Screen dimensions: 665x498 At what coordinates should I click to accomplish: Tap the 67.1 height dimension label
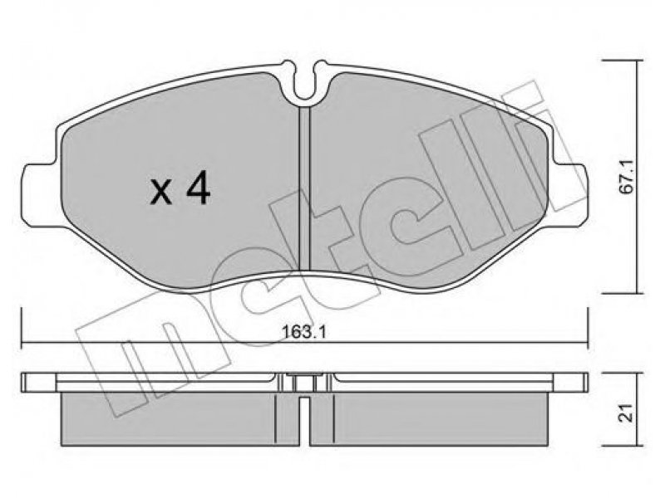pos(626,177)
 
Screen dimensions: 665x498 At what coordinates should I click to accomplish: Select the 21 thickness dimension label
pos(626,413)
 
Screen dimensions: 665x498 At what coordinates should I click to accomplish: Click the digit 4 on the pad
pos(199,188)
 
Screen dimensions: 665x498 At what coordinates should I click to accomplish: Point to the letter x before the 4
pos(161,194)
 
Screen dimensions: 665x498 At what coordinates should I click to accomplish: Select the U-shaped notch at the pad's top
pos(305,82)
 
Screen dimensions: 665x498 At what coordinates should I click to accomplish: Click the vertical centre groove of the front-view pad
pos(305,188)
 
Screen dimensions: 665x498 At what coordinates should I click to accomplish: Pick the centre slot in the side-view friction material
pos(305,422)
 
